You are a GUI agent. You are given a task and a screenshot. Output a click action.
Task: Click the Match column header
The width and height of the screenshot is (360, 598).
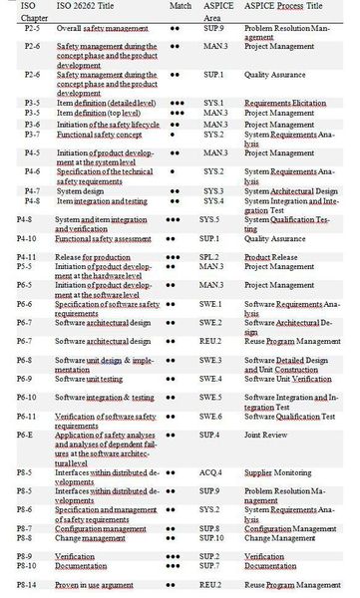(181, 6)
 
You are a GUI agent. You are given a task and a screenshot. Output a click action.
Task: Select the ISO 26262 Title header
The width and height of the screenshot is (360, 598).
(90, 6)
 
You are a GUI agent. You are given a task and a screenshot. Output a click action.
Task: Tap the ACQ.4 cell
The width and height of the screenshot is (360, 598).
(211, 473)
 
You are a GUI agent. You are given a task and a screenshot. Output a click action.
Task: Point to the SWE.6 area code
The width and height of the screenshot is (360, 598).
(211, 417)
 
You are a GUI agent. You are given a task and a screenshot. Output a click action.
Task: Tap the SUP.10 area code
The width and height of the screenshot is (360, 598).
(212, 537)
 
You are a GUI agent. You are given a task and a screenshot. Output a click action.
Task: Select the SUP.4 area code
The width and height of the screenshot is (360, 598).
(210, 436)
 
